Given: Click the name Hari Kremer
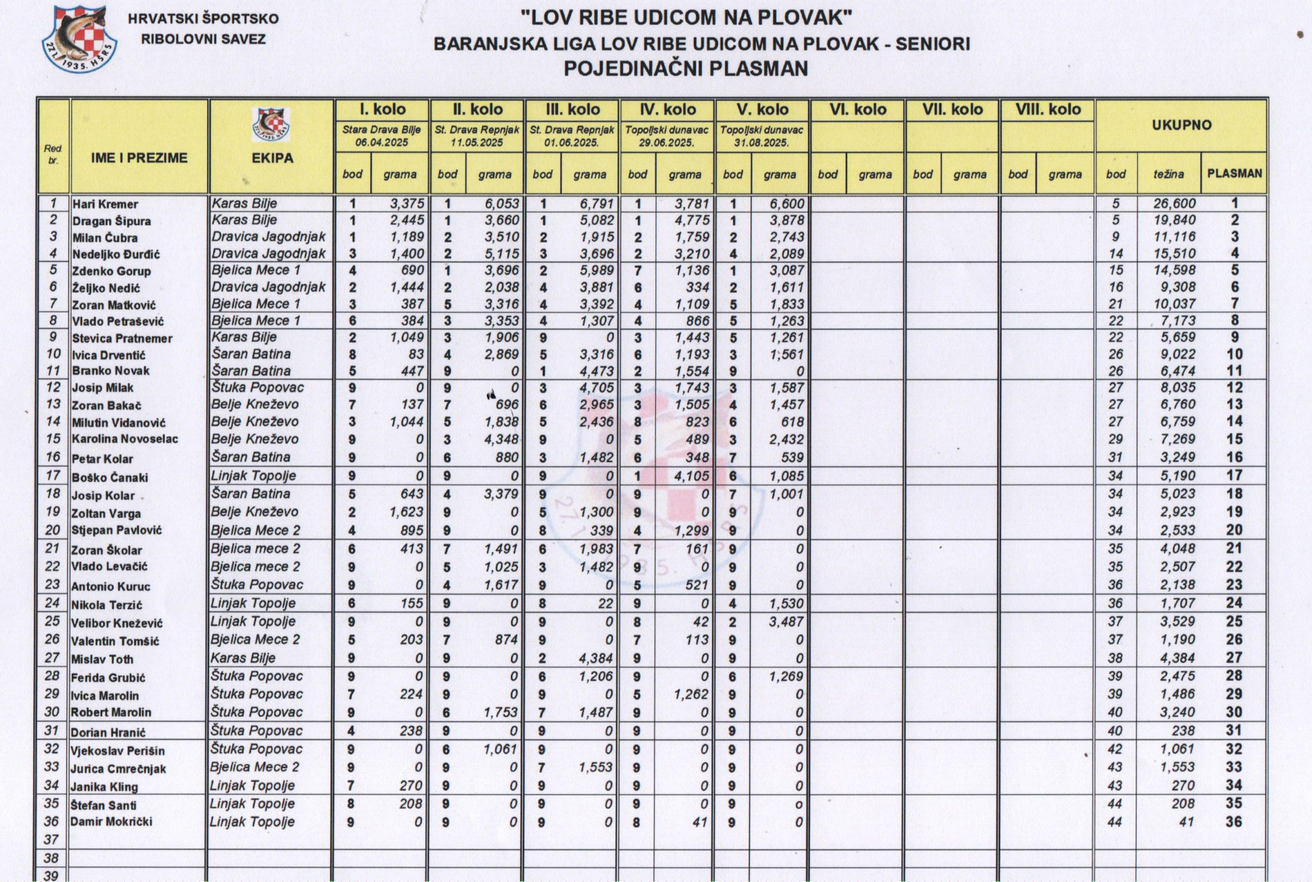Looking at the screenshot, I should [105, 204].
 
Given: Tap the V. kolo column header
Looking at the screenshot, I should [762, 109].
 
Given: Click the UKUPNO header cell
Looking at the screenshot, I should [1181, 125].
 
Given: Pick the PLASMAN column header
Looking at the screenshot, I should [1234, 174].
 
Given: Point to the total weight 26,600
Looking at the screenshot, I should [1174, 204].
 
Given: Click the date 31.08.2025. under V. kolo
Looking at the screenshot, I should [762, 143].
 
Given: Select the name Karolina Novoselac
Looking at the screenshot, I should [125, 439].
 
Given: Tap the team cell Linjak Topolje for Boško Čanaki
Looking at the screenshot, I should [253, 476].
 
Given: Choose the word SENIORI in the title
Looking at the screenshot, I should [933, 44].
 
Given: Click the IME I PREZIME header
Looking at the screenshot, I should [139, 158].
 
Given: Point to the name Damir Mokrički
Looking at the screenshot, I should [111, 822].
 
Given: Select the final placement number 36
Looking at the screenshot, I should [1233, 822].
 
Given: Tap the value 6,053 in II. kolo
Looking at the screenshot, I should [502, 204].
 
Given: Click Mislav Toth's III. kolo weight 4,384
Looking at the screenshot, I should [596, 658].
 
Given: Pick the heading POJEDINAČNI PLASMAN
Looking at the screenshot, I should [686, 69].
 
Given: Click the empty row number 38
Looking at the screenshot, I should [51, 858].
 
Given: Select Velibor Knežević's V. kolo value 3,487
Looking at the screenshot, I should [786, 622].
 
